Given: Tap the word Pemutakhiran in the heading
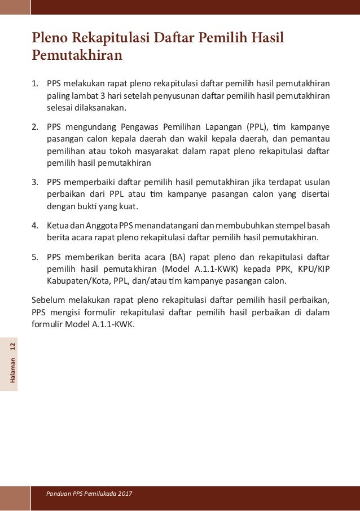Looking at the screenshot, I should (x=77, y=56).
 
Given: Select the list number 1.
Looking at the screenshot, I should (x=34, y=84).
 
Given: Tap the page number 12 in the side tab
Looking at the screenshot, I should (x=14, y=345).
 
